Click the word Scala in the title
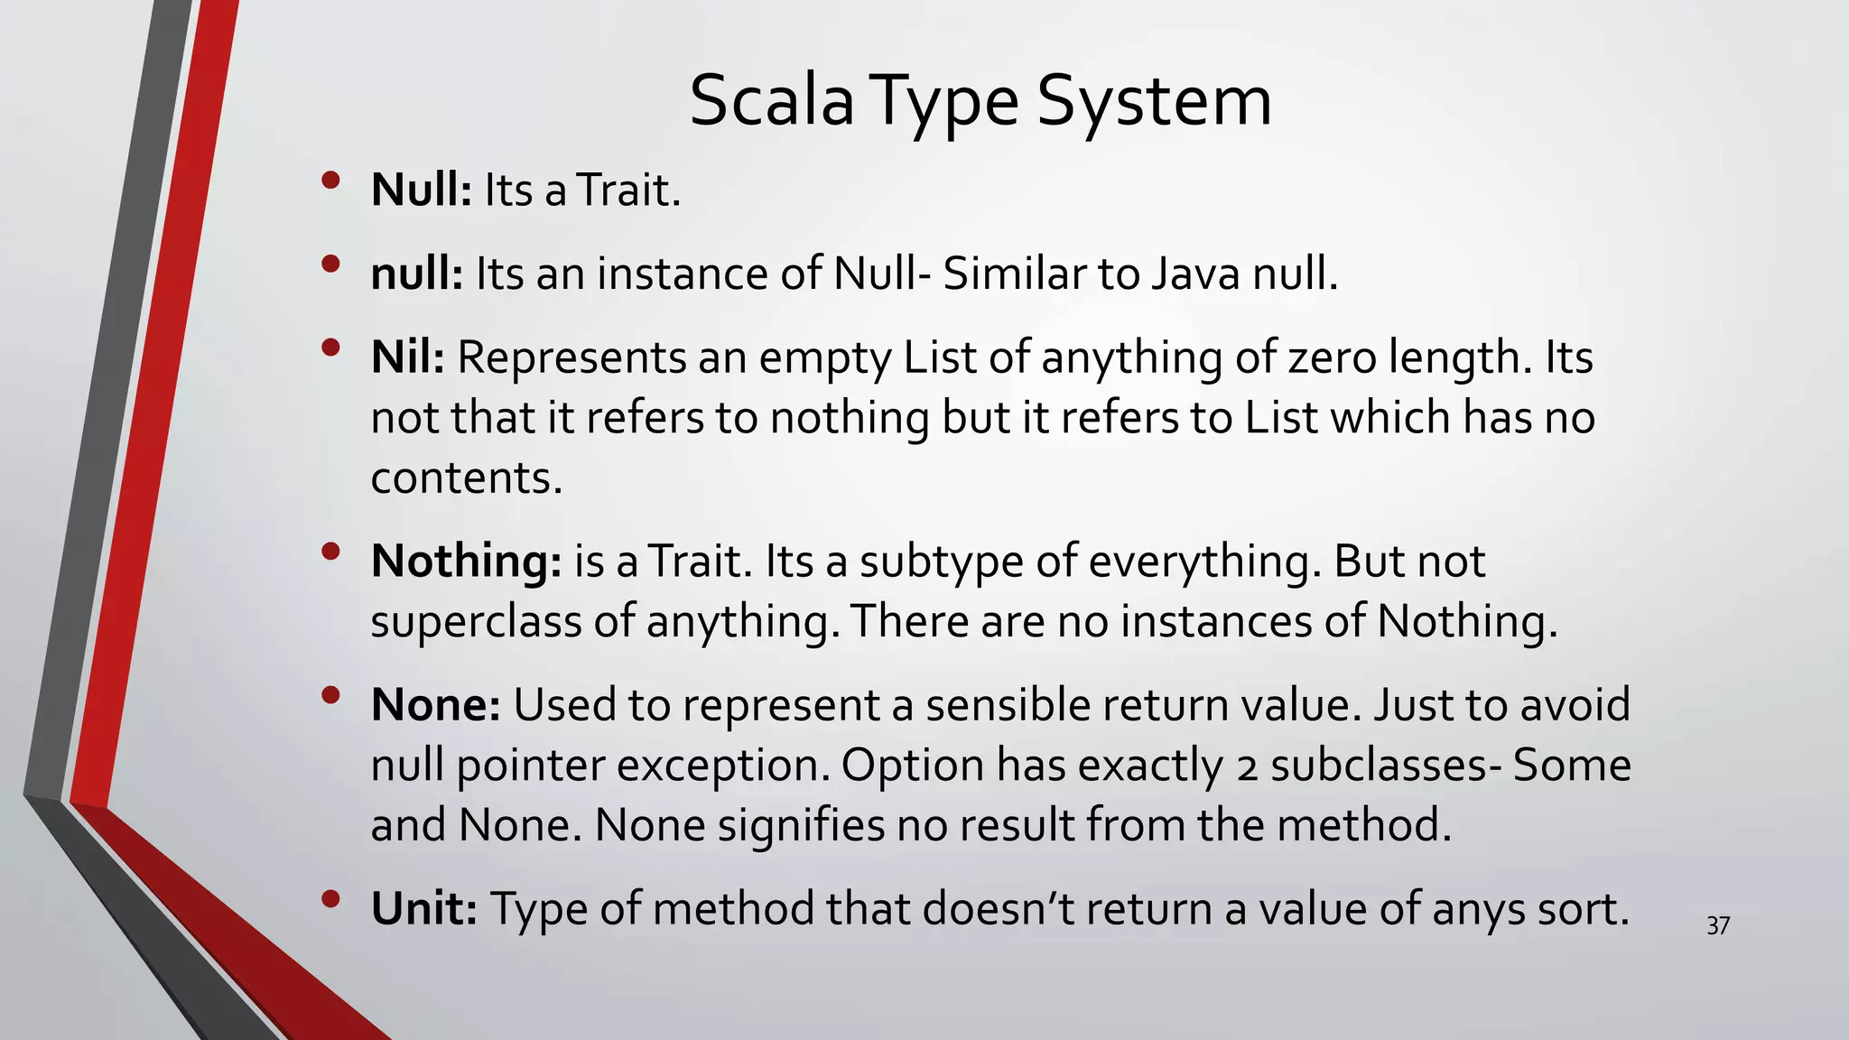pyautogui.click(x=771, y=100)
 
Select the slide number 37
pyautogui.click(x=1718, y=925)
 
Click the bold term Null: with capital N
pyautogui.click(x=422, y=190)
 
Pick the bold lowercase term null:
pyautogui.click(x=417, y=273)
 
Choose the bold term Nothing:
pyautogui.click(x=467, y=561)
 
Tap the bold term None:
pyautogui.click(x=436, y=704)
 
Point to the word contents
pyautogui.click(x=466, y=478)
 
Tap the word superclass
pyautogui.click(x=476, y=621)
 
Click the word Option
pyautogui.click(x=913, y=765)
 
